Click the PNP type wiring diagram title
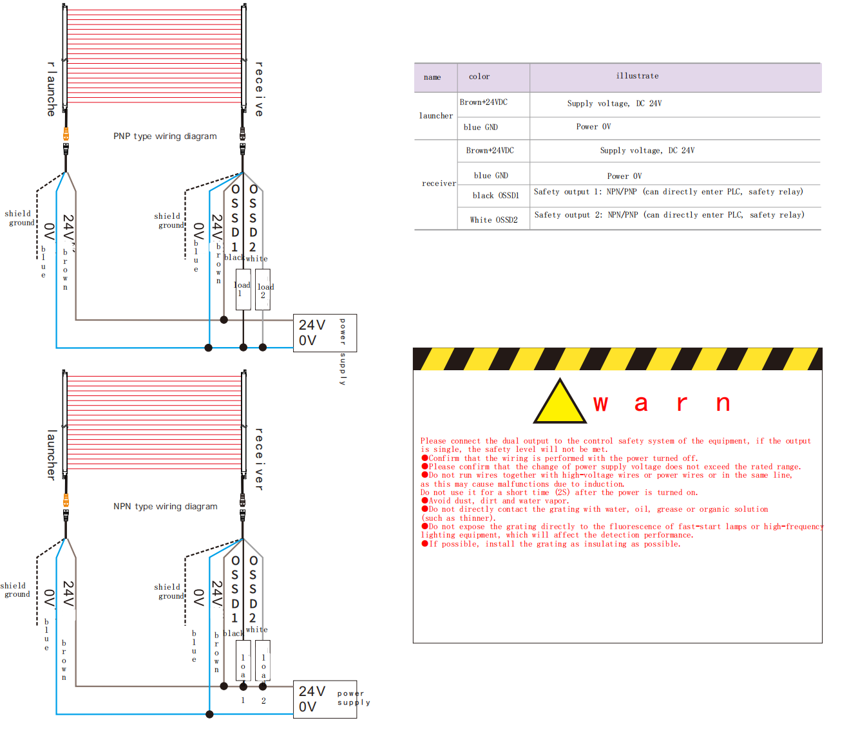[x=165, y=136]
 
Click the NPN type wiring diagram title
[x=165, y=507]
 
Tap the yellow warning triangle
[x=560, y=404]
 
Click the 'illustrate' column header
[x=637, y=76]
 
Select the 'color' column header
[x=479, y=77]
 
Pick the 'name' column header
[x=432, y=77]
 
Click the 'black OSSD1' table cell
[x=495, y=196]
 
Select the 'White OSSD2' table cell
[x=493, y=220]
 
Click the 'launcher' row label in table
[x=436, y=116]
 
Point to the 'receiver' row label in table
[x=439, y=183]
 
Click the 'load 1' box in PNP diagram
[x=243, y=290]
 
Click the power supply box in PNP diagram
[x=325, y=333]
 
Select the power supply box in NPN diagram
[x=325, y=699]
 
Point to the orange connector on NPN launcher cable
[x=66, y=501]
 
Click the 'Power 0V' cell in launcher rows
[x=593, y=127]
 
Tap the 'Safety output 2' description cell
[x=669, y=215]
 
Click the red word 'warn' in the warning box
[x=662, y=404]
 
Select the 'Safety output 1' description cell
[x=669, y=192]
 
